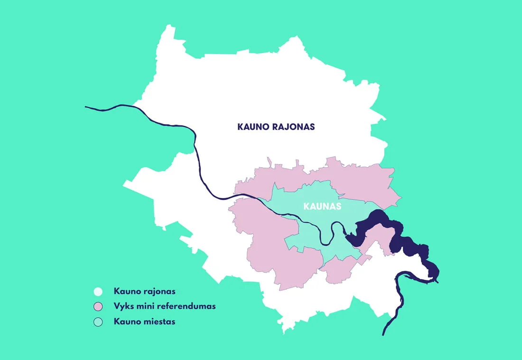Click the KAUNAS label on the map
tap(322, 207)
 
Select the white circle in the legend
tap(98, 292)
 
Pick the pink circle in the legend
tap(98, 306)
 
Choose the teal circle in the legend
tap(98, 322)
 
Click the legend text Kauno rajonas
tap(144, 291)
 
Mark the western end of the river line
tap(86, 107)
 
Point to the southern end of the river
tap(383, 334)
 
